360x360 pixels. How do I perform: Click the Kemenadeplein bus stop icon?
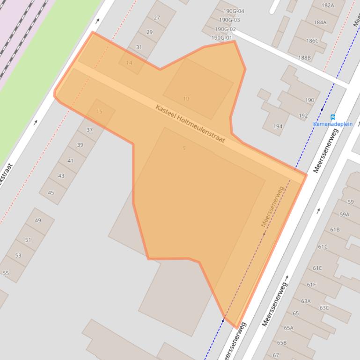(x=333, y=117)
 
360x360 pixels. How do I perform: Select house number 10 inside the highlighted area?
(x=186, y=99)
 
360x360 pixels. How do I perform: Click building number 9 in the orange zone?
(x=184, y=148)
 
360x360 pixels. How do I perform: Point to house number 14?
(x=129, y=63)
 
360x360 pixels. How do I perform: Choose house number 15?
(x=99, y=111)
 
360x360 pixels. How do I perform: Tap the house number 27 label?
(x=157, y=18)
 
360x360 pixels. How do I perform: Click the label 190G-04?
(x=234, y=11)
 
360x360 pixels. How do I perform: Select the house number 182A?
(x=328, y=5)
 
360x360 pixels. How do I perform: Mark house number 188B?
(x=304, y=58)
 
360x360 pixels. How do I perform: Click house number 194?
(x=278, y=126)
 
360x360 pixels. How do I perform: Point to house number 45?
(x=51, y=193)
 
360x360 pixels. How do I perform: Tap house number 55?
(x=6, y=273)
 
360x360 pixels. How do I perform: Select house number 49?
(x=38, y=221)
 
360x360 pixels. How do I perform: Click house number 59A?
(x=345, y=215)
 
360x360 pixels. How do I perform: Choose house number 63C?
(x=324, y=308)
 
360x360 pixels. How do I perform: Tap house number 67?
(x=276, y=355)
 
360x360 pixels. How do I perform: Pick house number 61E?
(x=317, y=268)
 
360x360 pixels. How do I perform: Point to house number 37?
(x=89, y=130)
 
